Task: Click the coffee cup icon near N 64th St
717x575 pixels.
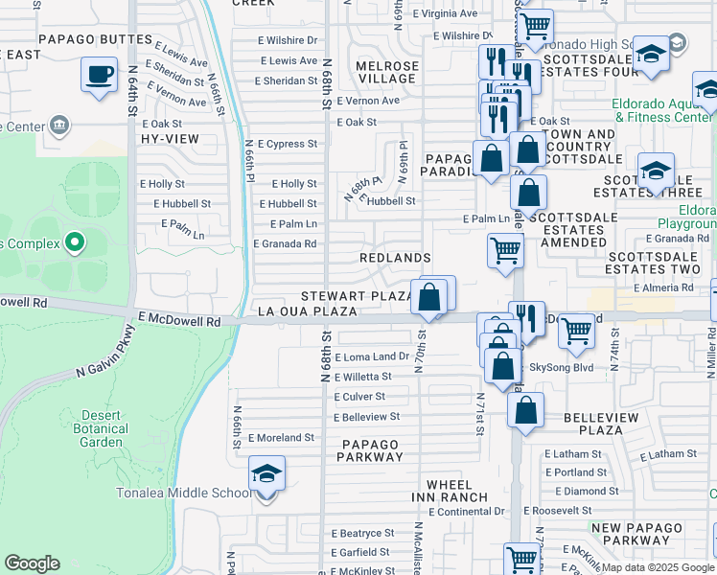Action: [x=98, y=76]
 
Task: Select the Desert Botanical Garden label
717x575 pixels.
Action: [x=99, y=429]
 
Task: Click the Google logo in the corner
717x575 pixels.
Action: [x=32, y=563]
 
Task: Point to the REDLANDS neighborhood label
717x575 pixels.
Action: [x=394, y=259]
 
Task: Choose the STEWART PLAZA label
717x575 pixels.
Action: [x=357, y=296]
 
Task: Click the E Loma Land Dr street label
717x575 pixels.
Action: [x=372, y=356]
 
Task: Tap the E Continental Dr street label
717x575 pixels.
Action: [x=466, y=512]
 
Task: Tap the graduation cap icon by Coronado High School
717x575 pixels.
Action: [x=651, y=56]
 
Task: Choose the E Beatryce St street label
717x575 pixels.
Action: [x=363, y=533]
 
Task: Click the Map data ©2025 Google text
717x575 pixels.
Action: [x=658, y=566]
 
